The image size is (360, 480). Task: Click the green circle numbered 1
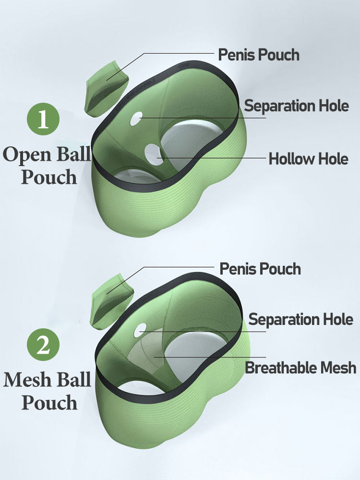coord(43,119)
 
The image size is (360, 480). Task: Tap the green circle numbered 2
coord(43,346)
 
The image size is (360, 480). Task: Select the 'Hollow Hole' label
coord(308,158)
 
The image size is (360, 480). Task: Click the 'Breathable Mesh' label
coord(300,368)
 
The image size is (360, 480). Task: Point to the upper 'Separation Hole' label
coord(296,106)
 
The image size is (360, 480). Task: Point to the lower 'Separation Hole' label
coord(300,319)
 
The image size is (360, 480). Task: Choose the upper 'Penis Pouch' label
coord(259,55)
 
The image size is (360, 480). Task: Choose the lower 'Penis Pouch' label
coord(260,269)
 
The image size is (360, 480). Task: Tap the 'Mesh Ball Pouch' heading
coord(47,391)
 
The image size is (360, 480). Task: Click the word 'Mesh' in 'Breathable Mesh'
coord(338,368)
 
